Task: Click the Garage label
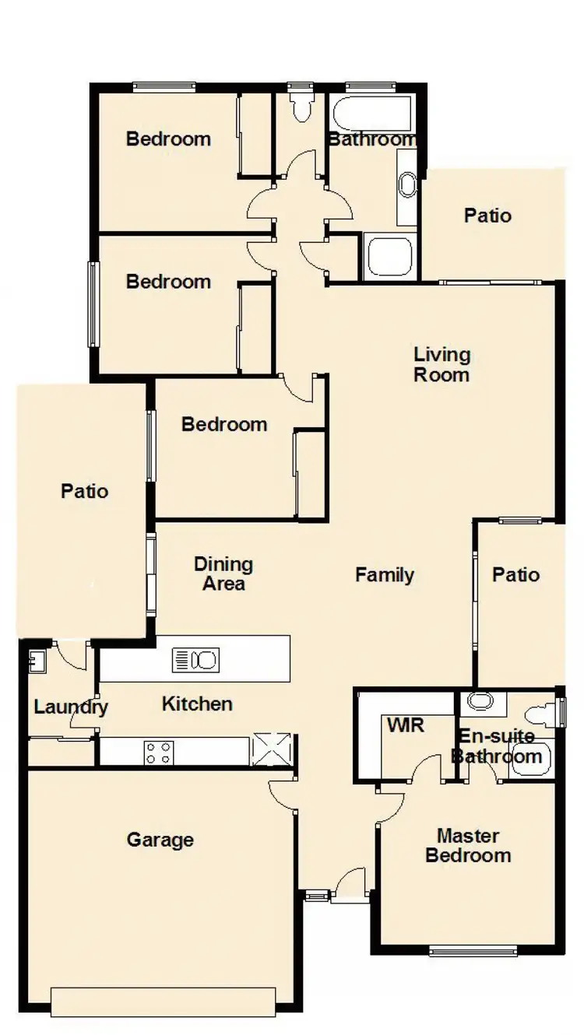click(x=160, y=840)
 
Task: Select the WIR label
click(x=406, y=725)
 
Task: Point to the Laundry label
click(x=71, y=707)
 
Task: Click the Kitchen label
click(x=197, y=703)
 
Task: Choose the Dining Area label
click(x=223, y=574)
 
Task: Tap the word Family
click(x=385, y=575)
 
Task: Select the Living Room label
click(x=442, y=365)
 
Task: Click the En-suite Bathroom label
click(x=498, y=746)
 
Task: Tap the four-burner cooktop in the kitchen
click(x=158, y=753)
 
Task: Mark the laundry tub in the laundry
click(x=36, y=661)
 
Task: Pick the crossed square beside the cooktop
click(x=272, y=750)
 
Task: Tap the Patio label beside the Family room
click(x=515, y=575)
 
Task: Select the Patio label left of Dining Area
click(x=84, y=491)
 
